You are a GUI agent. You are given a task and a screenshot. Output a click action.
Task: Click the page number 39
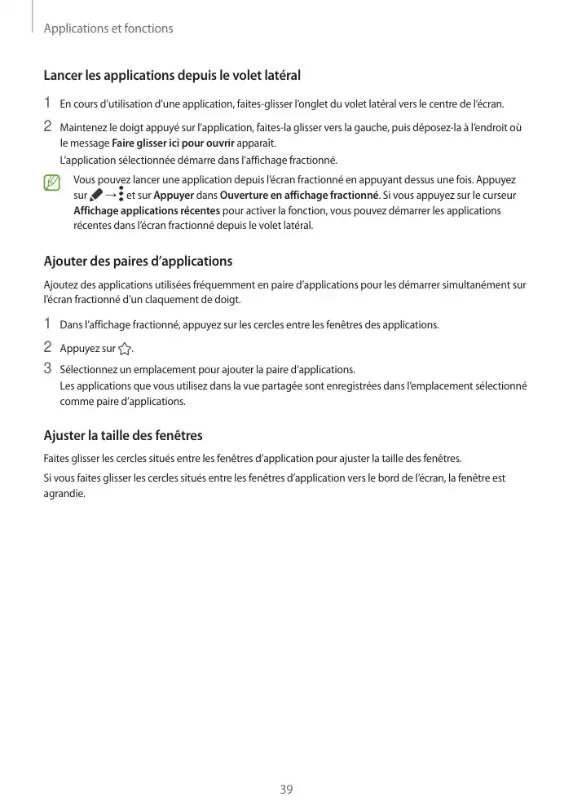coord(286,789)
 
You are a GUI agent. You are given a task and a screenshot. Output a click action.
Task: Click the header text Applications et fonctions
coord(108,29)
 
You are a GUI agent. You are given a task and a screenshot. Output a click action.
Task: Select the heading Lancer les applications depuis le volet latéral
coord(172,76)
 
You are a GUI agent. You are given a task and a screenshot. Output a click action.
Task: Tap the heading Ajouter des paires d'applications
coord(138,262)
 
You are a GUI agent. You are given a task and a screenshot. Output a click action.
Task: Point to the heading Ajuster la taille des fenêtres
coord(123,435)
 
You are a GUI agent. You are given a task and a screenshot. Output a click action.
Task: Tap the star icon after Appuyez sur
coord(124,350)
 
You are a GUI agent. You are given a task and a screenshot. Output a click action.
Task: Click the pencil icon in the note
coord(96,196)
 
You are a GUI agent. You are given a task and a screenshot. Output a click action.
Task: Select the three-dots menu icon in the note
coord(121,195)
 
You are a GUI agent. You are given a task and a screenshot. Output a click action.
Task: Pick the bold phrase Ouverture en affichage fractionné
coord(299,196)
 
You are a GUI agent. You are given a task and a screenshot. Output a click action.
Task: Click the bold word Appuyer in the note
coord(174,196)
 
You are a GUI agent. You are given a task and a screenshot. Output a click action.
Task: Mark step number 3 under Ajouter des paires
coord(47,368)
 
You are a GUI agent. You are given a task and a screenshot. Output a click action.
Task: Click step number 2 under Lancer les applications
coord(47,127)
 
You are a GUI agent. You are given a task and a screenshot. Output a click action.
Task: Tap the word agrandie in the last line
coord(62,493)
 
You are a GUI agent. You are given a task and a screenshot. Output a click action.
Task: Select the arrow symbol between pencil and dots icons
coord(109,196)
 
